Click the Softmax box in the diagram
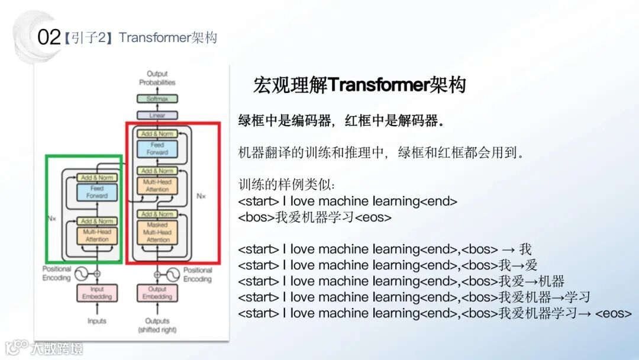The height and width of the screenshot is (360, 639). pyautogui.click(x=157, y=99)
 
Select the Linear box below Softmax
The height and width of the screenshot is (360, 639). pyautogui.click(x=157, y=115)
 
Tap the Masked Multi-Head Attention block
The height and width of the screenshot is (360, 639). pyautogui.click(x=157, y=232)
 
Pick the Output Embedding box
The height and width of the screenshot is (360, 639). pyautogui.click(x=157, y=293)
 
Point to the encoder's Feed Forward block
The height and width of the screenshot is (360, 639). pyautogui.click(x=96, y=192)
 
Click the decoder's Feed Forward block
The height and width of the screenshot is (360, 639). pyautogui.click(x=157, y=149)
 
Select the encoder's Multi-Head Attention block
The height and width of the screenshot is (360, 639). pyautogui.click(x=96, y=236)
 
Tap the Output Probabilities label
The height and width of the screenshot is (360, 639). pyautogui.click(x=157, y=78)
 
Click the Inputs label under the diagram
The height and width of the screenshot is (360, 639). pyautogui.click(x=96, y=321)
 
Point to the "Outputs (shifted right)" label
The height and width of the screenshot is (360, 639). pyautogui.click(x=157, y=325)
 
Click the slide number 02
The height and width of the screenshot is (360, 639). pyautogui.click(x=49, y=38)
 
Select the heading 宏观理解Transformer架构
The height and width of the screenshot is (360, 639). pyautogui.click(x=359, y=85)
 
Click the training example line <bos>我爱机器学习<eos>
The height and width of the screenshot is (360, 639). pyautogui.click(x=315, y=217)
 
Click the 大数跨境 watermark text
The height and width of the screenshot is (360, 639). pyautogui.click(x=57, y=348)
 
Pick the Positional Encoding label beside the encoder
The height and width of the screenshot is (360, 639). pyautogui.click(x=56, y=274)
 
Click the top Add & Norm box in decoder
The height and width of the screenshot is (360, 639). pyautogui.click(x=157, y=134)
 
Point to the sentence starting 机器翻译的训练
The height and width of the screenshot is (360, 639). pyautogui.click(x=381, y=153)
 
